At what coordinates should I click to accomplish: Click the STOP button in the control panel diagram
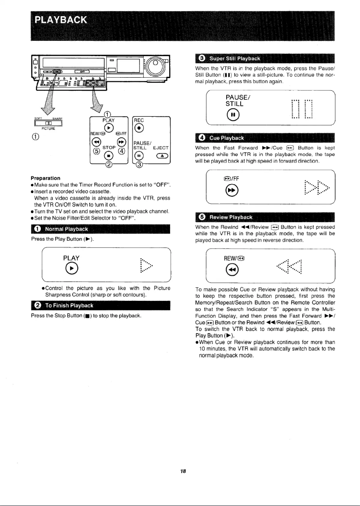108,155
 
